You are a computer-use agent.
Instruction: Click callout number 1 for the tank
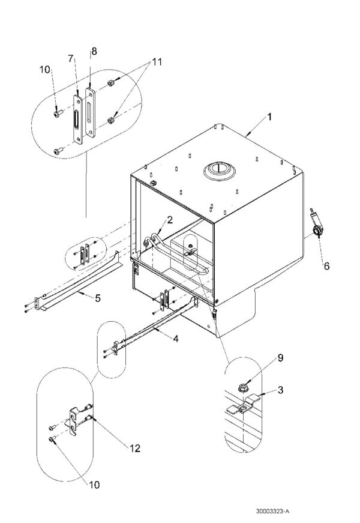click(x=269, y=118)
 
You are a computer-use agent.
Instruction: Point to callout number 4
click(x=175, y=339)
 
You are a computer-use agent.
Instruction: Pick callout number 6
click(x=326, y=264)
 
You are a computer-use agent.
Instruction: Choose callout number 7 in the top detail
click(x=70, y=58)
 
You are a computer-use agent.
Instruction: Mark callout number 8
click(x=93, y=52)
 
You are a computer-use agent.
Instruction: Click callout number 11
click(x=157, y=62)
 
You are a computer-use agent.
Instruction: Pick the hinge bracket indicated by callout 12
click(x=76, y=419)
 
